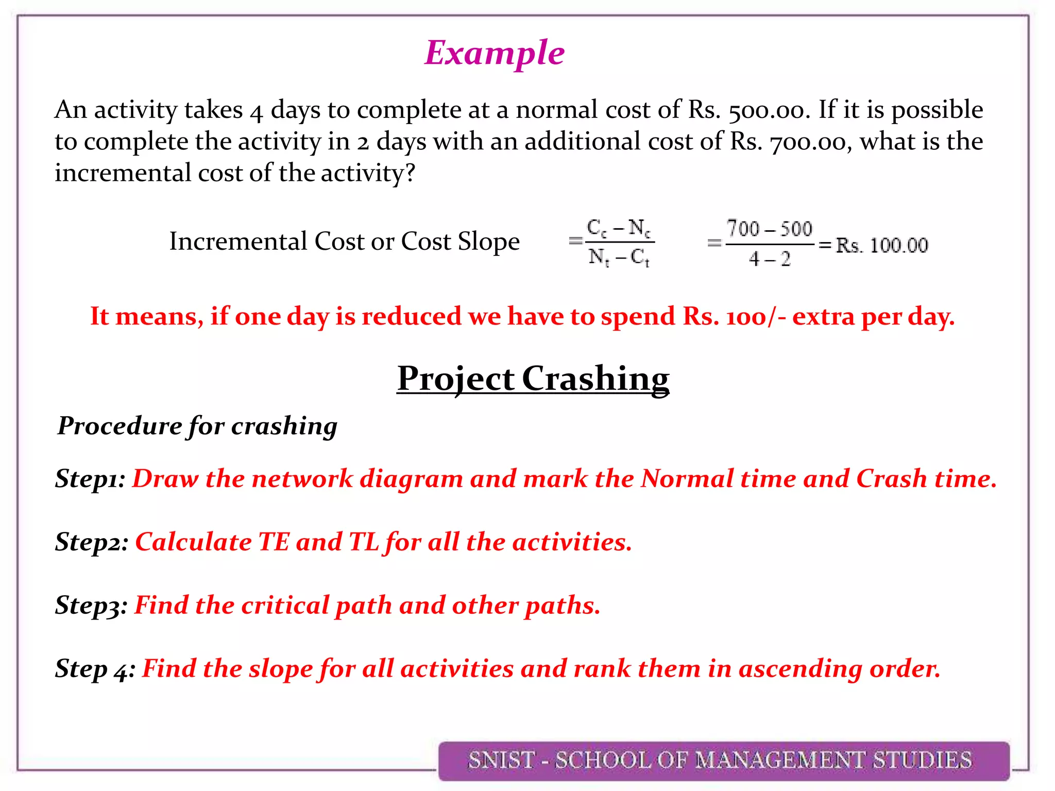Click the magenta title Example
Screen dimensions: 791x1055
coord(494,53)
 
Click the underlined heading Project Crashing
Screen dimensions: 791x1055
coord(533,379)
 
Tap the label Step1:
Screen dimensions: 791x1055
coord(90,478)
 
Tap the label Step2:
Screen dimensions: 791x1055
coord(92,542)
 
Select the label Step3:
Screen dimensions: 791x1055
coord(91,605)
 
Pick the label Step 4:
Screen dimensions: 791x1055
coord(95,668)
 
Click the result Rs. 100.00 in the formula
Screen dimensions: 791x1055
coord(881,245)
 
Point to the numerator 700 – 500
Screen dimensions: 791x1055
coord(769,229)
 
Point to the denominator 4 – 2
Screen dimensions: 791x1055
coord(769,259)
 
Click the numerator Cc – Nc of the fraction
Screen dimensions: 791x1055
coord(619,228)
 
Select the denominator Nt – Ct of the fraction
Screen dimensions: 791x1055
coord(619,256)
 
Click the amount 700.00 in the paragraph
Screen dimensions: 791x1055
coord(808,142)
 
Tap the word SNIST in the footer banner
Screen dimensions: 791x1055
coord(501,760)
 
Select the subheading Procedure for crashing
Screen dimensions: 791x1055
coord(197,426)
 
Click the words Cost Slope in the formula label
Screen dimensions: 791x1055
coord(460,241)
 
